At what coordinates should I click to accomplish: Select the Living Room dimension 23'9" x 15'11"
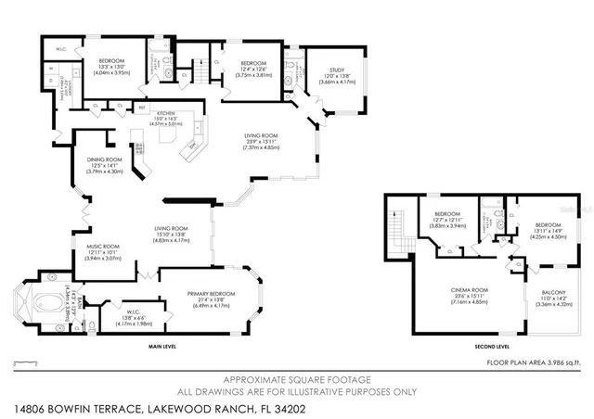pos(253,142)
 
